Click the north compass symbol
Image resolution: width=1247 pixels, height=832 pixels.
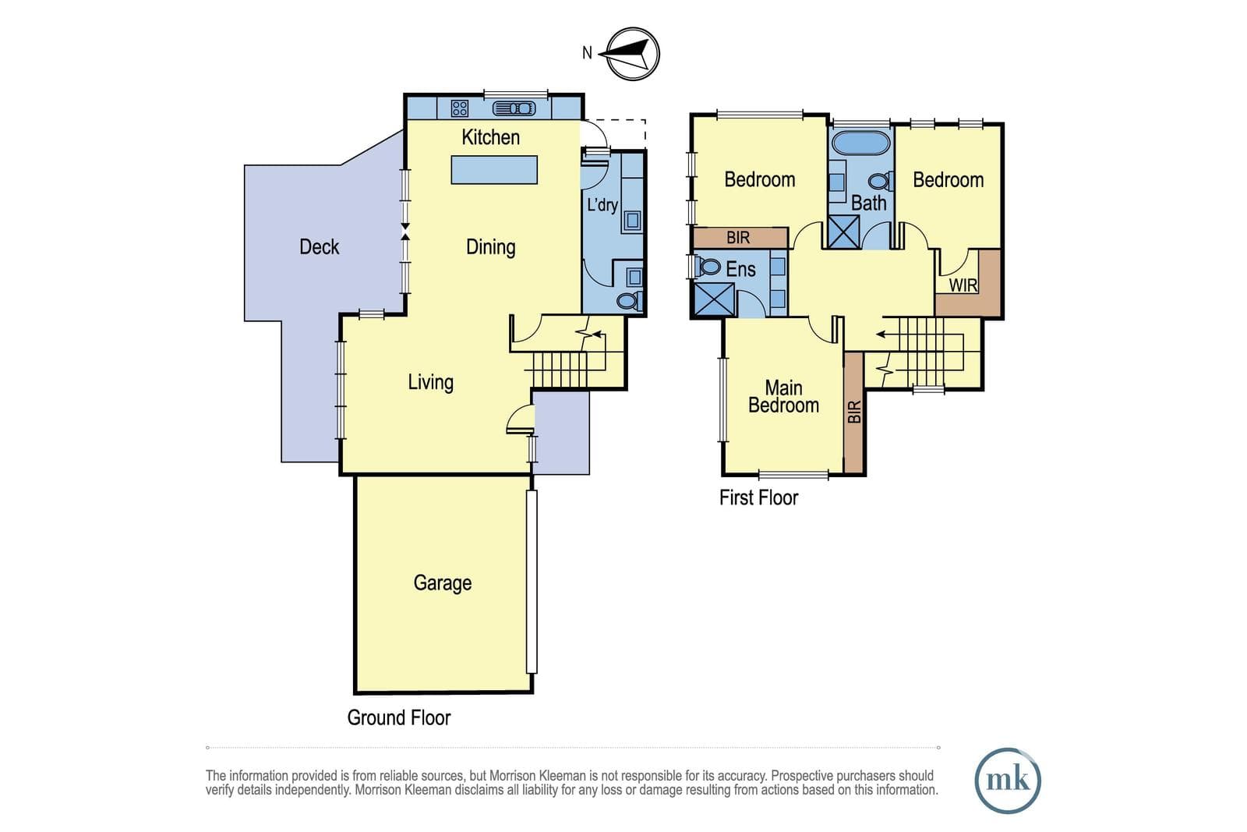point(632,54)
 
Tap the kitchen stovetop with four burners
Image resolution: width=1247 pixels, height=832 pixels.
point(459,108)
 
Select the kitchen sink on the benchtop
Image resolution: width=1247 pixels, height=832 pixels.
point(514,108)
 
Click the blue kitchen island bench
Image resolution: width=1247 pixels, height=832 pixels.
point(494,170)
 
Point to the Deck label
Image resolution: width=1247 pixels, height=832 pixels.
point(319,246)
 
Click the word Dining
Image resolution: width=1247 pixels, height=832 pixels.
point(490,247)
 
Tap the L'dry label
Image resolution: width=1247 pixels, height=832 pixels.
point(602,205)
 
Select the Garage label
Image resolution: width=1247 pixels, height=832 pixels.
point(443,583)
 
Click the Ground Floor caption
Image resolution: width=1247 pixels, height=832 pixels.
point(398,718)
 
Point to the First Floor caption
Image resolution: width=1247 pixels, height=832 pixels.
point(758,497)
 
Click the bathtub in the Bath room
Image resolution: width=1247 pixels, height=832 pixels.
point(860,143)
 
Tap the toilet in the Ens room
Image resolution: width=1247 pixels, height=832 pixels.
point(708,267)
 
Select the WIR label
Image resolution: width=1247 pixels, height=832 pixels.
point(963,285)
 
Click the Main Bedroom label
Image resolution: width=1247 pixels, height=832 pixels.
point(783,397)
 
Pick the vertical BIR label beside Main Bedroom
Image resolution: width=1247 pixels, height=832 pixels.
point(854,412)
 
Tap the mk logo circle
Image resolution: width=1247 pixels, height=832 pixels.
point(1008,781)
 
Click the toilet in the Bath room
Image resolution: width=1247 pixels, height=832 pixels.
point(881,182)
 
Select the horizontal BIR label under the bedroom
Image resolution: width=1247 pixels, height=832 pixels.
point(738,238)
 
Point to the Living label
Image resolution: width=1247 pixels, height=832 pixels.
point(430,383)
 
